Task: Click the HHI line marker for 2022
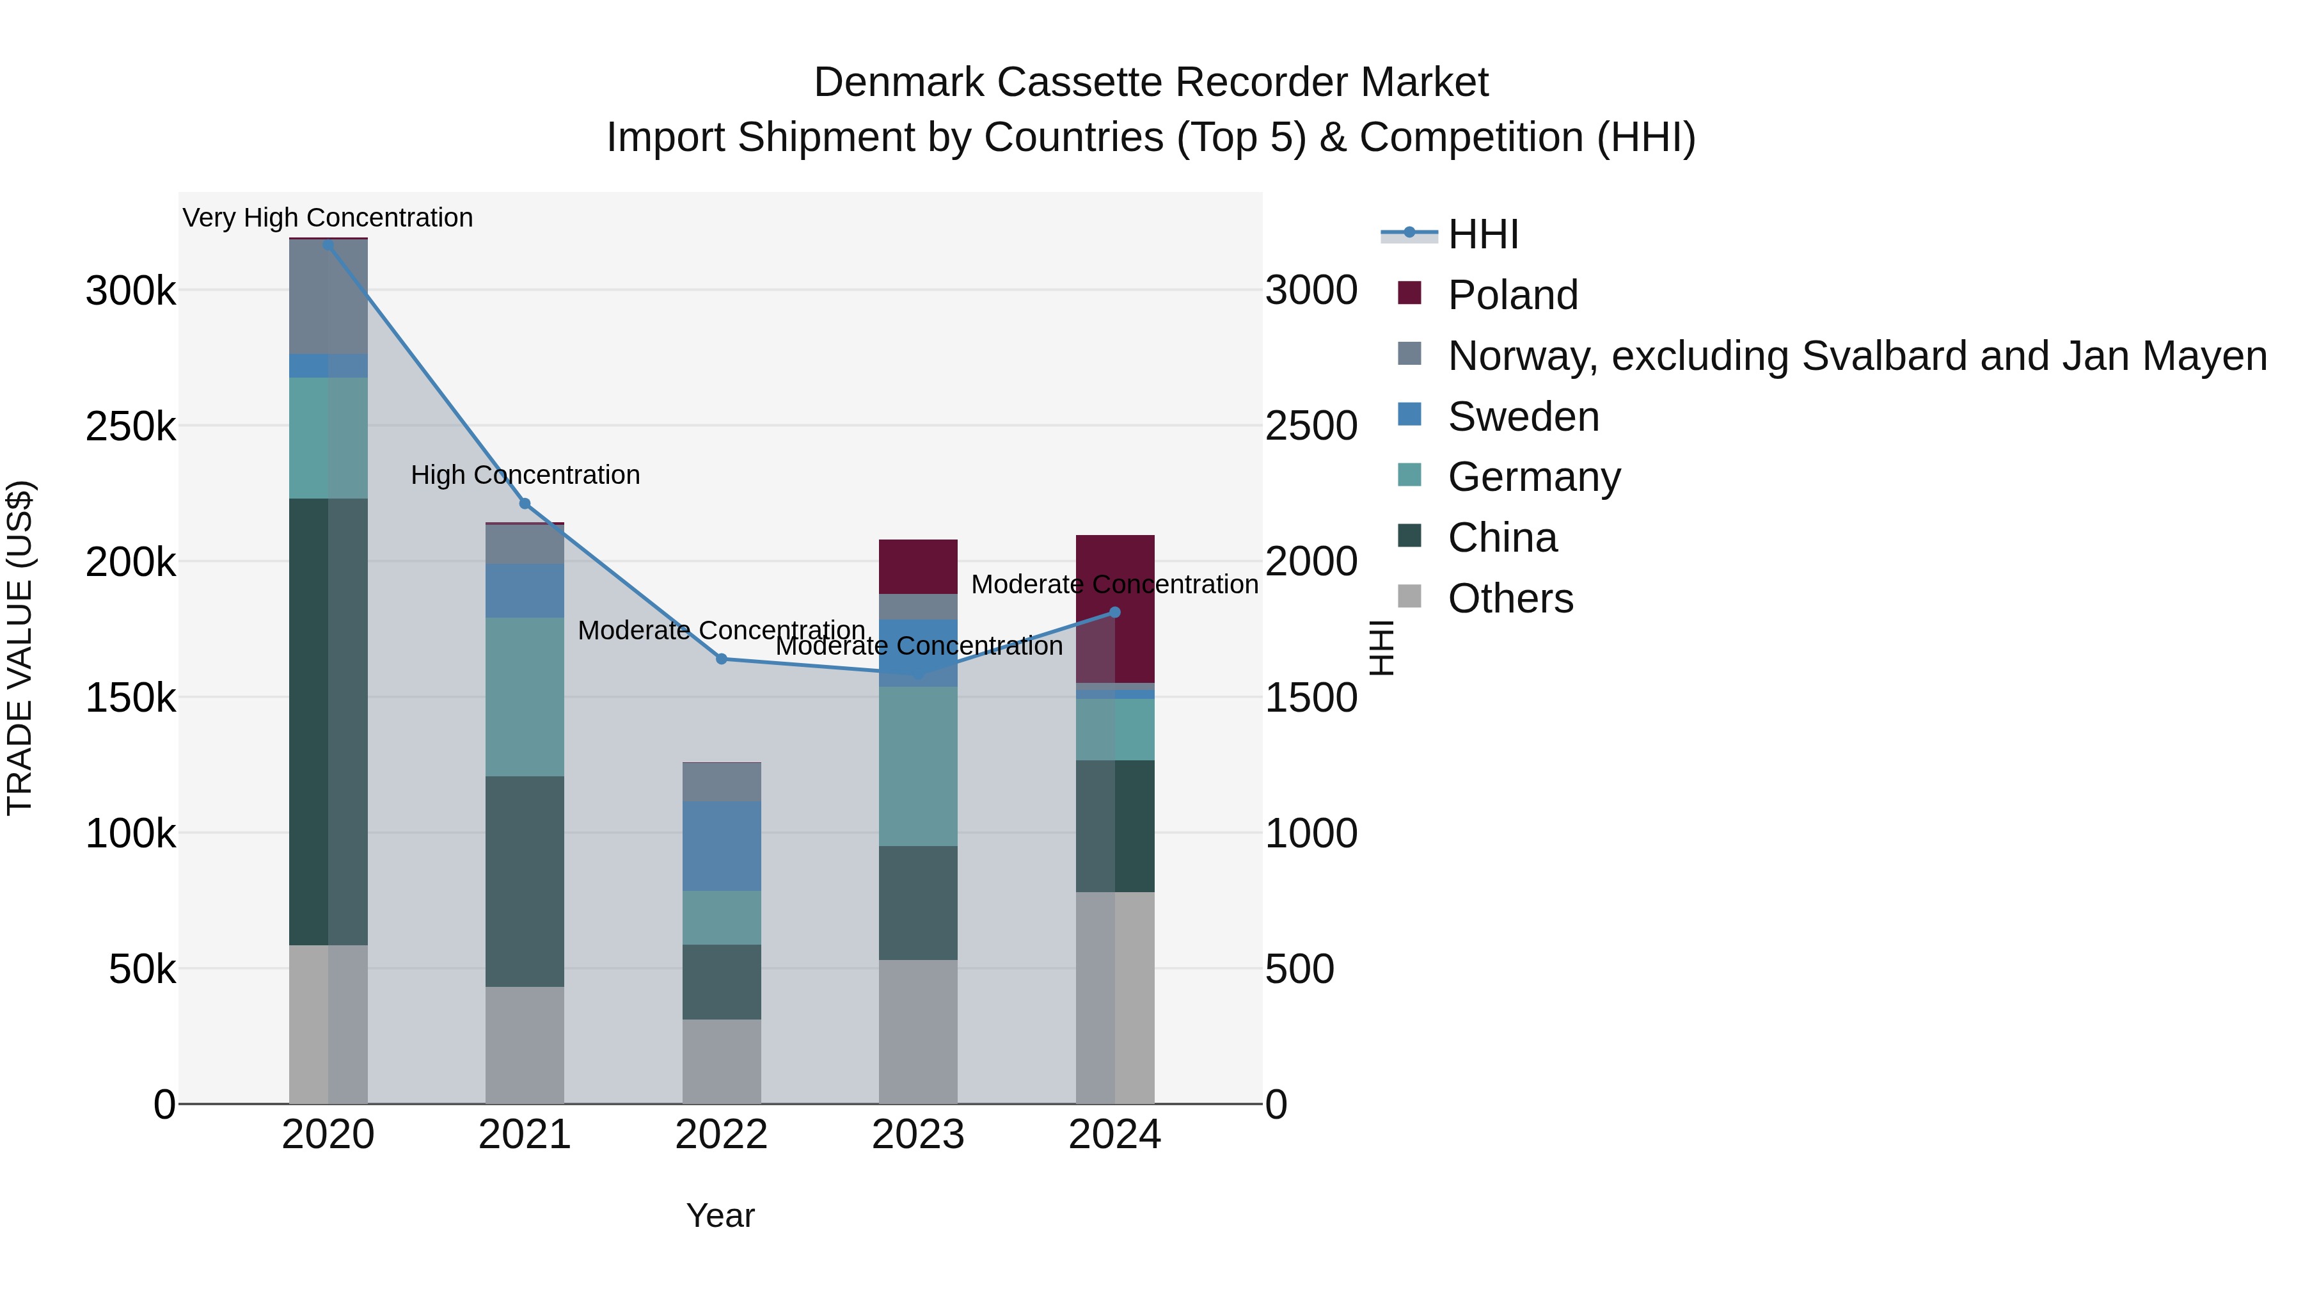coord(722,659)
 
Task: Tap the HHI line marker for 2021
coord(525,504)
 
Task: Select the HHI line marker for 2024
coord(1115,612)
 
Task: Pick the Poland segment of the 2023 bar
coord(918,566)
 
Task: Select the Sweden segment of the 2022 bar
coord(722,845)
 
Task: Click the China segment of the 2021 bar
coord(525,881)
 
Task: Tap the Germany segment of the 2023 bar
coord(918,765)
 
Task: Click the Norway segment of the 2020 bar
coord(328,297)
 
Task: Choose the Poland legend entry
coord(1513,295)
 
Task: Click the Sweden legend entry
coord(1523,417)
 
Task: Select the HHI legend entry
coord(1482,234)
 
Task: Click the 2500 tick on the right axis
coord(1311,426)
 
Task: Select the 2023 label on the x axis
coord(918,1135)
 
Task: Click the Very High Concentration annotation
coord(328,218)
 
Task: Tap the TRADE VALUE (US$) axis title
coord(20,648)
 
